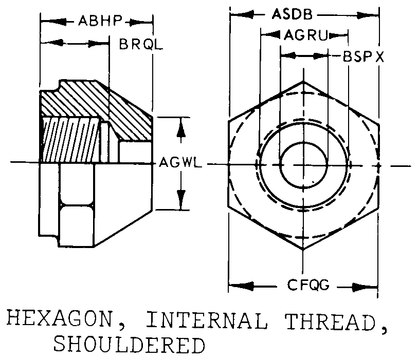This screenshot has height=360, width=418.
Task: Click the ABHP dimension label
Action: [100, 22]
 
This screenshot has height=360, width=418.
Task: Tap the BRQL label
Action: [140, 44]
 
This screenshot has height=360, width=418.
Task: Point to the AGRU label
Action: [304, 35]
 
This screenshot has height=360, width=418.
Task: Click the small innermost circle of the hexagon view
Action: [304, 164]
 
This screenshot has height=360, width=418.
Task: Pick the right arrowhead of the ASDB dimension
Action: [374, 14]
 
